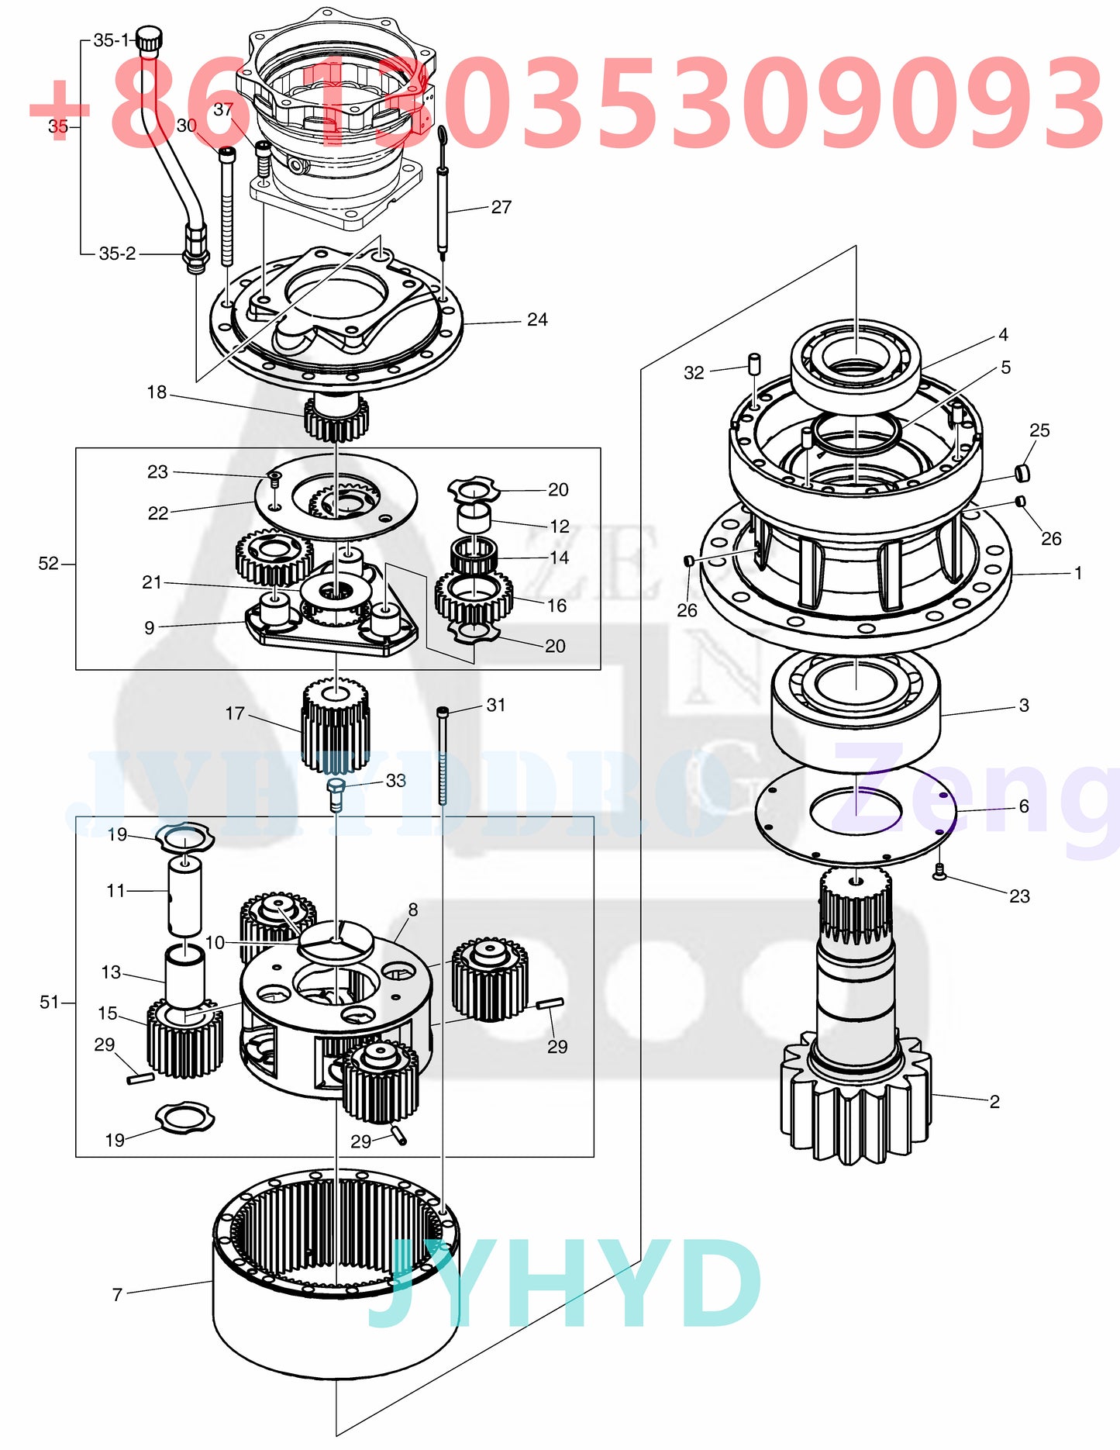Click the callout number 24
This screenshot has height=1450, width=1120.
537,319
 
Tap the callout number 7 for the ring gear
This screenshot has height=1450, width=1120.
117,1294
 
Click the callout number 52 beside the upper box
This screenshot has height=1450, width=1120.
48,564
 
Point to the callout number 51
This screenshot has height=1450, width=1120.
49,1002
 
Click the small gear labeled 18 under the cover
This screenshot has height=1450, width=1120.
336,418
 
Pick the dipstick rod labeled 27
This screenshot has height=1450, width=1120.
443,202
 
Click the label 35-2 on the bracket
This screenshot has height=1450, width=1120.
117,254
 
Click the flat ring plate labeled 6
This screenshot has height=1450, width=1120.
856,814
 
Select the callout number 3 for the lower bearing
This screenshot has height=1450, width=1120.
1024,705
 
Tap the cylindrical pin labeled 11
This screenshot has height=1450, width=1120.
184,896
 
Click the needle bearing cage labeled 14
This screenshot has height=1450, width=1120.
474,554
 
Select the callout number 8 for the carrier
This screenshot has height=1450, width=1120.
412,910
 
